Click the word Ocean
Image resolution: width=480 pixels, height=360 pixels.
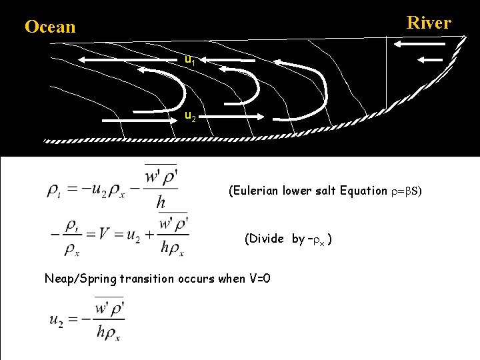point(50,27)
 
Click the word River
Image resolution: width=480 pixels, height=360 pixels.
point(429,23)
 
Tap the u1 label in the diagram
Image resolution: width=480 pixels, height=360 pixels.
point(190,61)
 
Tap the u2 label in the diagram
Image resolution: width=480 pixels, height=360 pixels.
point(190,117)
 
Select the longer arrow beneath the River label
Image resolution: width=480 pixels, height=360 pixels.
point(419,44)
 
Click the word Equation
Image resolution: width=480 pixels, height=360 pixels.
point(363,191)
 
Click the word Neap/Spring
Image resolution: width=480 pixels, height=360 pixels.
point(80,279)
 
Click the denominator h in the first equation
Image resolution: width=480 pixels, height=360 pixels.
point(161,203)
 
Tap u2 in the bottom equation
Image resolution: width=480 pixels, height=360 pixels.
point(58,320)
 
